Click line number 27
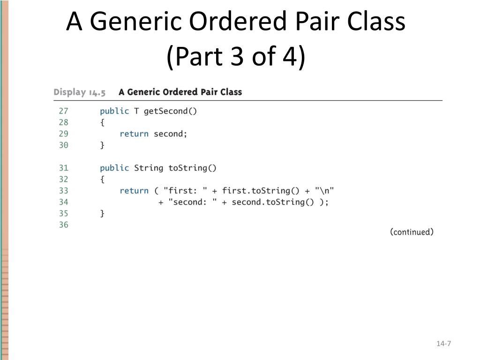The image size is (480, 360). coord(63,111)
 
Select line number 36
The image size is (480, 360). coord(63,225)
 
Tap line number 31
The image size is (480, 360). coord(63,168)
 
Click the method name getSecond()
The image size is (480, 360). coord(171,111)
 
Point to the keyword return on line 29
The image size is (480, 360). coord(134,134)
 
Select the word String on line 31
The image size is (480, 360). coord(149,168)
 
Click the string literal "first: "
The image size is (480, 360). coord(185,191)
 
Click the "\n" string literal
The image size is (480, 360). coord(324,191)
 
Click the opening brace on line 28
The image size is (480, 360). coord(102,122)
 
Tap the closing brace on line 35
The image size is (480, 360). coord(102,214)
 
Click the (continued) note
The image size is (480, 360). coord(412,232)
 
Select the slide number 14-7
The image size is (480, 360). coord(443,344)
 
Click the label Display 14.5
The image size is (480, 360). coord(80,92)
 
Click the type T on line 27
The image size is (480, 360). coord(136,111)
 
